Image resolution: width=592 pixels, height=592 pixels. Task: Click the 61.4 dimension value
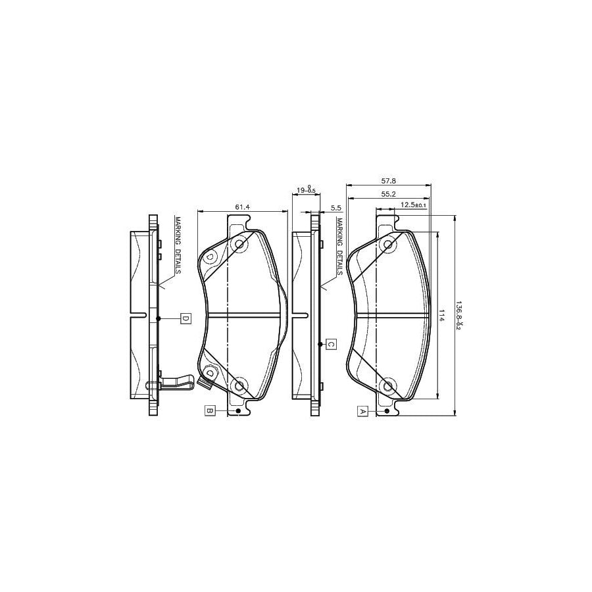[x=242, y=207]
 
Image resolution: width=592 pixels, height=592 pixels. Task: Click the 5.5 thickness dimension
[x=335, y=208]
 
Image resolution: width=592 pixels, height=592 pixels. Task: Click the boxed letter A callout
[x=362, y=411]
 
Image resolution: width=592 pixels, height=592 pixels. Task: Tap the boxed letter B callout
[x=210, y=411]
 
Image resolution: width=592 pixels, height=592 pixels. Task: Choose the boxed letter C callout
[x=332, y=344]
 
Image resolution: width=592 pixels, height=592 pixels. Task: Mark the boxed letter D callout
[x=185, y=318]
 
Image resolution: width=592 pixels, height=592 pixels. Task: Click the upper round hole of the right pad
[x=388, y=245]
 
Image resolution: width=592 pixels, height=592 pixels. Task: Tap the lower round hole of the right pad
[x=388, y=385]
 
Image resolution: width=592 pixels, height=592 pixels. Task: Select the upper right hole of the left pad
[x=239, y=245]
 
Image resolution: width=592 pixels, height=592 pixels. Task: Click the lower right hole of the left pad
[x=239, y=385]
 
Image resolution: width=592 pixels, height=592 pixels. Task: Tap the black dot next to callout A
[x=387, y=411]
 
